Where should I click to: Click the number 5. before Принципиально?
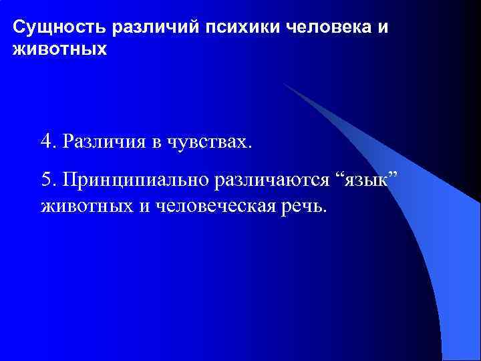tap(47, 179)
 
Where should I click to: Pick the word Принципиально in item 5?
tap(134, 180)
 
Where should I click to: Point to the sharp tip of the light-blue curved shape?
tap(283, 84)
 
